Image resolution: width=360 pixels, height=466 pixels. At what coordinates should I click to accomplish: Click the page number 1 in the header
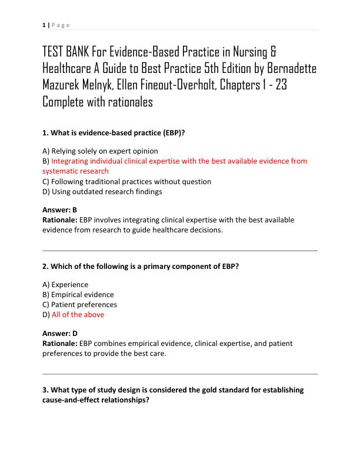pyautogui.click(x=44, y=25)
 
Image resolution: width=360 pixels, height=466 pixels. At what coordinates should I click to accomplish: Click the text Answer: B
pyautogui.click(x=60, y=209)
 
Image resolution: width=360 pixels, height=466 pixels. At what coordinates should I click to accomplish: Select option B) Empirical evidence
pyautogui.click(x=79, y=295)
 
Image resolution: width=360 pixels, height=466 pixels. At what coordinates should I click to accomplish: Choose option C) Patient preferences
pyautogui.click(x=80, y=305)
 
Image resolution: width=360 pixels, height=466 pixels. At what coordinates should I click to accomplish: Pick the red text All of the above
pyautogui.click(x=78, y=315)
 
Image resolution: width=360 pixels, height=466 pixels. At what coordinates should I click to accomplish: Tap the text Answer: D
pyautogui.click(x=60, y=333)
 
